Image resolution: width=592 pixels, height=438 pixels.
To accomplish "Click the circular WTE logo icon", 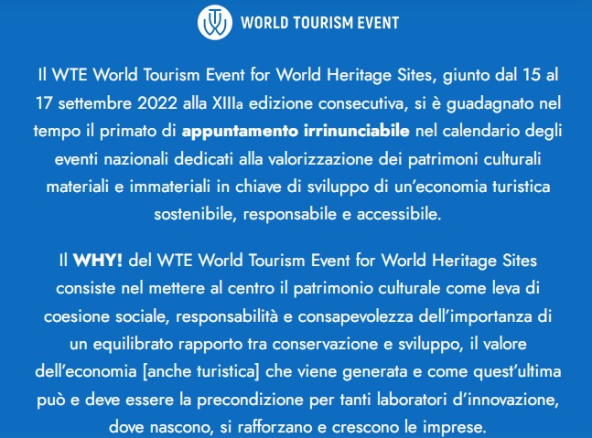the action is (214, 22).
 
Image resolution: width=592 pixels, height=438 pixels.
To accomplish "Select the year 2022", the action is (157, 103).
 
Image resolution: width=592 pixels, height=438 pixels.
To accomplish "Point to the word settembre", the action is (94, 103).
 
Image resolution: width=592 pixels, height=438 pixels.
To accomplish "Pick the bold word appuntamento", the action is (240, 132).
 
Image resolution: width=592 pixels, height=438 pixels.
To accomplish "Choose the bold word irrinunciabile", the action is (357, 131).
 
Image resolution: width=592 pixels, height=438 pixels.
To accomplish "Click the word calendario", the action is (481, 131).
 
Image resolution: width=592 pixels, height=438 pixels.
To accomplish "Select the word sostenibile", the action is (195, 215).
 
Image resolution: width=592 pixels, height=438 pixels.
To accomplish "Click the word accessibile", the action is (399, 215).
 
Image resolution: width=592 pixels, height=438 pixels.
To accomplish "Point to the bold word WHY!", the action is (98, 261).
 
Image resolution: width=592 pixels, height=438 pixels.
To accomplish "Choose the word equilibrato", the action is (133, 345).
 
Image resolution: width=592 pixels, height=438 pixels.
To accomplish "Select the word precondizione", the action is (250, 401).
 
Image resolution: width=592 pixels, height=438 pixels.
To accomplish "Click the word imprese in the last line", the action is (453, 428).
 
